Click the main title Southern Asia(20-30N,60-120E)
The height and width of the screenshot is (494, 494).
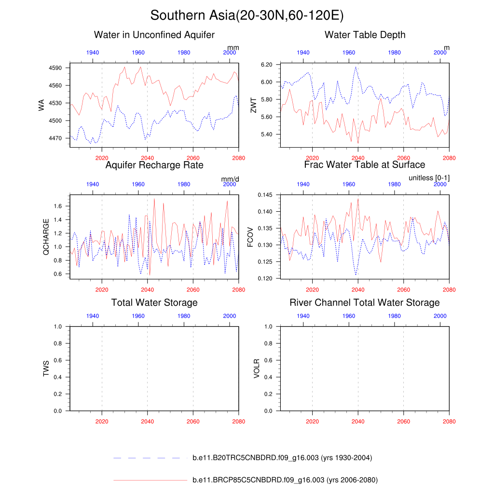pyautogui.click(x=247, y=15)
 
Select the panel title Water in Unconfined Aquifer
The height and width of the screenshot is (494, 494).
pyautogui.click(x=154, y=35)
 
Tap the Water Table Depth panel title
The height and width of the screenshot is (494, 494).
pyautogui.click(x=365, y=35)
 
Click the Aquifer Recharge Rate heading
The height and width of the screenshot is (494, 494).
pyautogui.click(x=154, y=165)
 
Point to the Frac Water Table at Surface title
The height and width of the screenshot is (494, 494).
pyautogui.click(x=365, y=165)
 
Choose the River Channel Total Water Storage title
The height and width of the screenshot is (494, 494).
pyautogui.click(x=365, y=302)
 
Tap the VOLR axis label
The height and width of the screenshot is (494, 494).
pyautogui.click(x=257, y=369)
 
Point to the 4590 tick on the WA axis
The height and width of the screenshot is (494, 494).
pyautogui.click(x=56, y=68)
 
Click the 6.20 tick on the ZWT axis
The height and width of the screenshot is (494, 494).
pyautogui.click(x=266, y=65)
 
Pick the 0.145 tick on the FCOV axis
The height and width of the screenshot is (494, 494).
pyautogui.click(x=265, y=195)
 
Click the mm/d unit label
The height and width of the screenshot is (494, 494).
pyautogui.click(x=230, y=179)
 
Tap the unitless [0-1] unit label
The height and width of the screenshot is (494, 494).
pyautogui.click(x=429, y=178)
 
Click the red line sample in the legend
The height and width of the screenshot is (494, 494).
pyautogui.click(x=150, y=480)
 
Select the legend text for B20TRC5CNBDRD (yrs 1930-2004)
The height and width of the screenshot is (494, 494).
pyautogui.click(x=282, y=458)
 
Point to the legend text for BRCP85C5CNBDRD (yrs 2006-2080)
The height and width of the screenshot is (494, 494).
pyautogui.click(x=285, y=480)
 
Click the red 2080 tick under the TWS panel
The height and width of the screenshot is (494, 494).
pyautogui.click(x=239, y=419)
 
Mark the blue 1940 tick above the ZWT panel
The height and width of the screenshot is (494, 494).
pyautogui.click(x=303, y=52)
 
